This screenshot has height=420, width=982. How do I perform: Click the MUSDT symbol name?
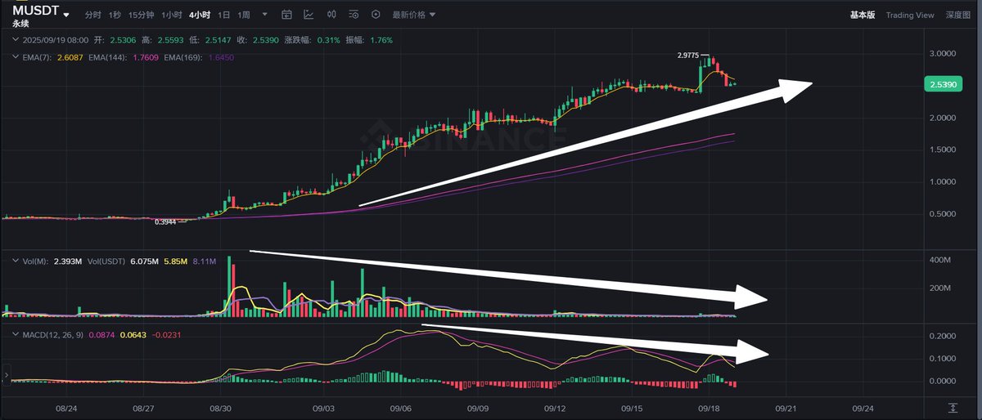[34, 10]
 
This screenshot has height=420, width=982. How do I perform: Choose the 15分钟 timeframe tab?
[141, 15]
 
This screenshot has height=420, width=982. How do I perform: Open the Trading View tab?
[909, 15]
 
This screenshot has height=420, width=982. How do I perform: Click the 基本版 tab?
[863, 15]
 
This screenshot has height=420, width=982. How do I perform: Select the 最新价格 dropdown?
[413, 15]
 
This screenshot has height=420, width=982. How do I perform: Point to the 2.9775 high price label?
[688, 55]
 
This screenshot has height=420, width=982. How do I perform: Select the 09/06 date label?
[400, 407]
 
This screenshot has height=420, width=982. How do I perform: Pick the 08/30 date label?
[221, 407]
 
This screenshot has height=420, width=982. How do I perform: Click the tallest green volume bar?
[229, 286]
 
